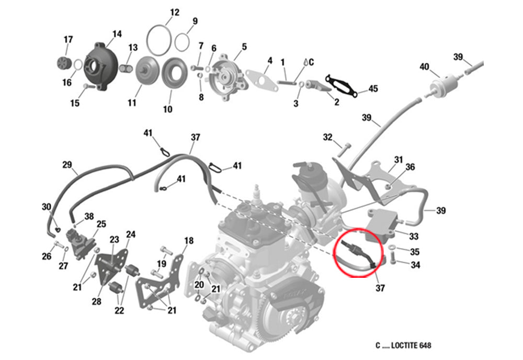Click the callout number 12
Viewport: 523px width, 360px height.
(x=175, y=13)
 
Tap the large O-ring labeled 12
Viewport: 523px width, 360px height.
(x=147, y=41)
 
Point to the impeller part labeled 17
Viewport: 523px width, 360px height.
(x=63, y=64)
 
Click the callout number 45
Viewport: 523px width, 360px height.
(x=373, y=89)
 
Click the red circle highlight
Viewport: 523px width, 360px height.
(x=334, y=253)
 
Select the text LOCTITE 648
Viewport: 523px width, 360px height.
(x=411, y=345)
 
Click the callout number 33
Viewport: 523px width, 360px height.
(x=414, y=236)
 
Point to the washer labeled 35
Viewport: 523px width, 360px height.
(x=392, y=247)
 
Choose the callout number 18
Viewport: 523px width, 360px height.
(x=189, y=241)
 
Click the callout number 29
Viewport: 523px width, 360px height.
(x=67, y=165)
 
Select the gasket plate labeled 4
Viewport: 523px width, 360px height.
(x=262, y=80)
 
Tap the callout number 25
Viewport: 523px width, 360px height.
(x=101, y=223)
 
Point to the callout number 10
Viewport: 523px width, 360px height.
(x=167, y=109)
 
